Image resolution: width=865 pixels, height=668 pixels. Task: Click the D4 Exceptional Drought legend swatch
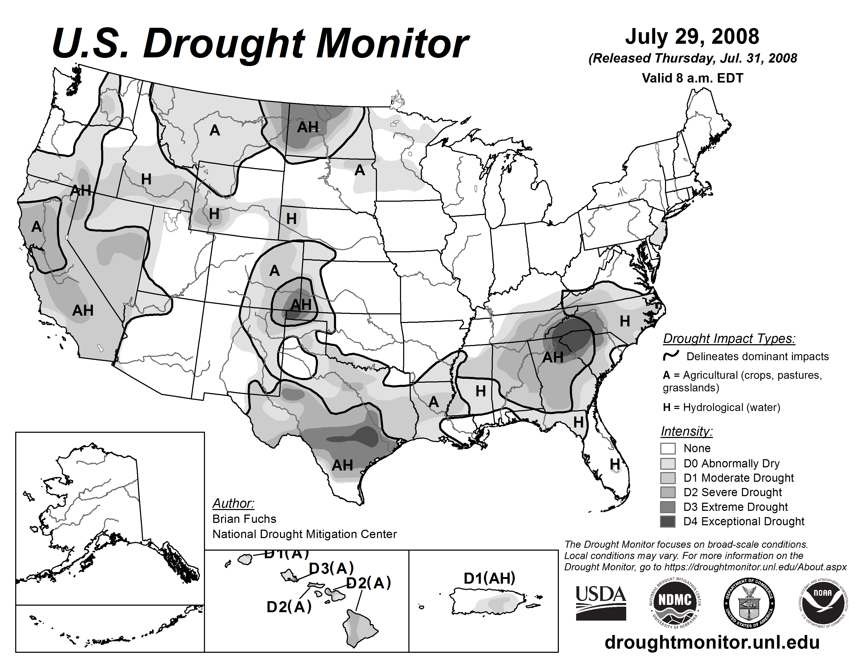(x=668, y=522)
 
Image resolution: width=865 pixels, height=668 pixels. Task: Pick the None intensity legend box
(x=668, y=448)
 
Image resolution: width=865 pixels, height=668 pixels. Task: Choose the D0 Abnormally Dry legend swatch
(x=668, y=463)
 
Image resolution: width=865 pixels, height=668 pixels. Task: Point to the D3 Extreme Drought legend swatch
(x=668, y=507)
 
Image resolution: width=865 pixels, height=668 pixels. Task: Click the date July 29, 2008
(x=692, y=36)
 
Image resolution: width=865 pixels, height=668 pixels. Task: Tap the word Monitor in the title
(x=392, y=44)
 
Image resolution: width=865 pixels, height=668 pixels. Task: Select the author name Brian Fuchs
(x=244, y=519)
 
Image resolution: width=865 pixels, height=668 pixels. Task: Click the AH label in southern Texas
(x=342, y=465)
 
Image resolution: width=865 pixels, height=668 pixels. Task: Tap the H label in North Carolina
(x=625, y=321)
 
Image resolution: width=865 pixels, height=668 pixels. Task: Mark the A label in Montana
(x=215, y=130)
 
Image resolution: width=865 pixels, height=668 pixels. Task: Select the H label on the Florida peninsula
(x=615, y=463)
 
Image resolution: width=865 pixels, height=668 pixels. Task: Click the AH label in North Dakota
(x=308, y=127)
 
